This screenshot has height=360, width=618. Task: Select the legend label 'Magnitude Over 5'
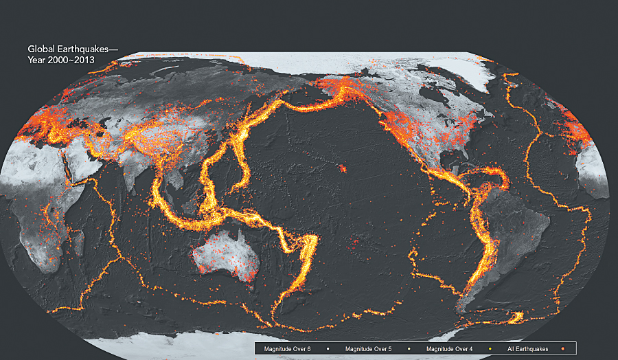coord(368,349)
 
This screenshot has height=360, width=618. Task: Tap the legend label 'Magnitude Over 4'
coord(450,349)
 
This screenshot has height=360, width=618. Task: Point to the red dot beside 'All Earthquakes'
coord(562,349)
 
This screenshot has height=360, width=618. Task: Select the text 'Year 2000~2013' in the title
coord(60,60)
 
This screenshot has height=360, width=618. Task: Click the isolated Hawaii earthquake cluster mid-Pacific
coord(341,167)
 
